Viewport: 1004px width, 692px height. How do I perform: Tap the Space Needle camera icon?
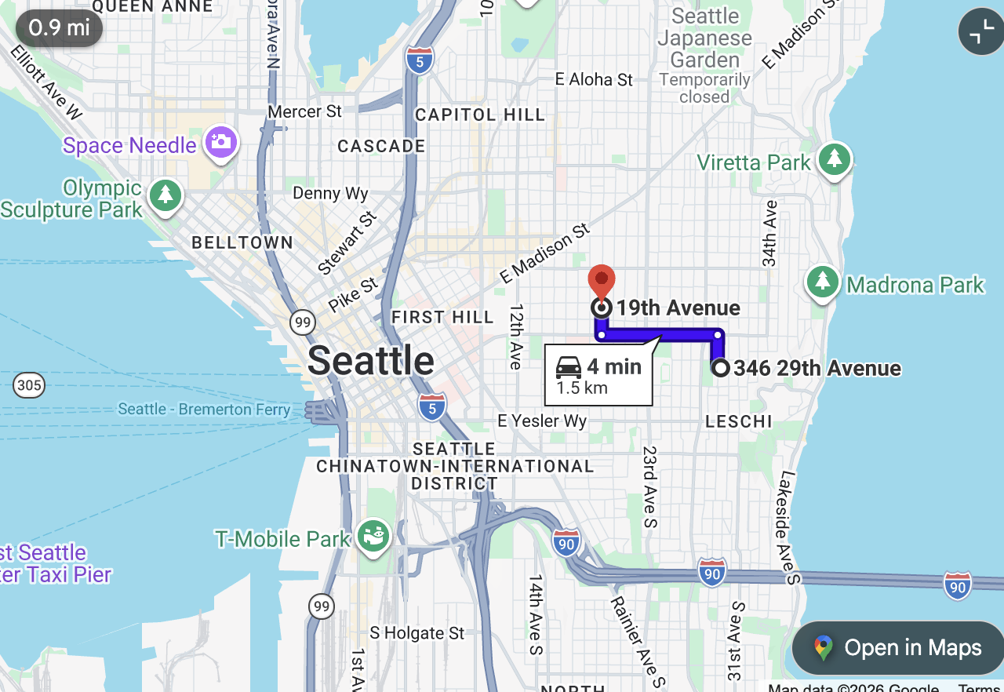pyautogui.click(x=221, y=143)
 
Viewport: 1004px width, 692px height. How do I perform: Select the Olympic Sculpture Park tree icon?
pyautogui.click(x=165, y=195)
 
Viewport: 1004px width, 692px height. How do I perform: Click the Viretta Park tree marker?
pyautogui.click(x=834, y=159)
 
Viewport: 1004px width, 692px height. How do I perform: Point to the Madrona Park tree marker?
pyautogui.click(x=822, y=281)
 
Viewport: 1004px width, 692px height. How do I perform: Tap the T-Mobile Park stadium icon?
pyautogui.click(x=373, y=537)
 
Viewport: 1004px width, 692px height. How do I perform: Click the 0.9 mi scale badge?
pyautogui.click(x=59, y=28)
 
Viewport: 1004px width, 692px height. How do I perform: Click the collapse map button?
pyautogui.click(x=980, y=31)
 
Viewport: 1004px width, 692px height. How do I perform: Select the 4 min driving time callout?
pyautogui.click(x=598, y=376)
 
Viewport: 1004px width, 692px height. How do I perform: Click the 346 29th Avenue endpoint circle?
pyautogui.click(x=720, y=367)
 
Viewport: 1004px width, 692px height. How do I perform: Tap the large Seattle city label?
pyautogui.click(x=371, y=361)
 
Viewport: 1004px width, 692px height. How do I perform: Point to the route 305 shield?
pyautogui.click(x=29, y=385)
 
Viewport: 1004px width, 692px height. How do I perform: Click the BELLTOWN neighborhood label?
pyautogui.click(x=242, y=242)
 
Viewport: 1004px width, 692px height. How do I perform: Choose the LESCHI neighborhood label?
pyautogui.click(x=738, y=421)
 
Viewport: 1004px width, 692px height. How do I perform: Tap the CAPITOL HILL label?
pyautogui.click(x=479, y=115)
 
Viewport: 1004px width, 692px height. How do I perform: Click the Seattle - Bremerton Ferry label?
pyautogui.click(x=203, y=410)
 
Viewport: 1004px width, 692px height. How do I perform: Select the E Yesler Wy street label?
pyautogui.click(x=542, y=421)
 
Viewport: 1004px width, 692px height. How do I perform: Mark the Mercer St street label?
pyautogui.click(x=305, y=111)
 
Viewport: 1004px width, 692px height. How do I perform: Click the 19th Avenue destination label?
pyautogui.click(x=678, y=308)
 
